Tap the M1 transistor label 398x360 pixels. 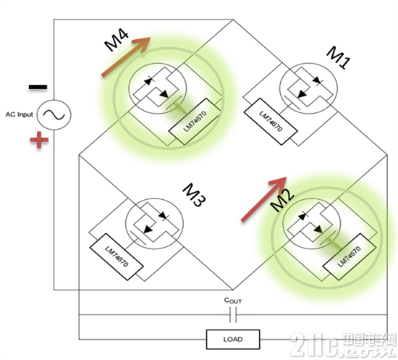pos(338,57)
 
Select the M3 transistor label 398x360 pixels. pos(194,195)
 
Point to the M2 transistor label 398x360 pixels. pos(282,200)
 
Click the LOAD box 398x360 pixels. pos(233,339)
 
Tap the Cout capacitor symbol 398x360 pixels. pos(233,315)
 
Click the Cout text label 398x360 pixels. pos(233,301)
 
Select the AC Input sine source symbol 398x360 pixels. pos(54,115)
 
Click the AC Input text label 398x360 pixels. pos(20,114)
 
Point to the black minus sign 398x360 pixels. pos(38,87)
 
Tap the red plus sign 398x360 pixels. pos(39,140)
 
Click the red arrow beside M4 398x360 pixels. pos(126,56)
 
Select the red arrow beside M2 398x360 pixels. pos(263,199)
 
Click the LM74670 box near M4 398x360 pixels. pos(195,122)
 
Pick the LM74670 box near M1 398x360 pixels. pos(271,122)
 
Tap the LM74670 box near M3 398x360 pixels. pos(117,257)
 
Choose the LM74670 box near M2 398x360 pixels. pos(350,257)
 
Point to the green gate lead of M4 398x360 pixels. pos(180,108)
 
